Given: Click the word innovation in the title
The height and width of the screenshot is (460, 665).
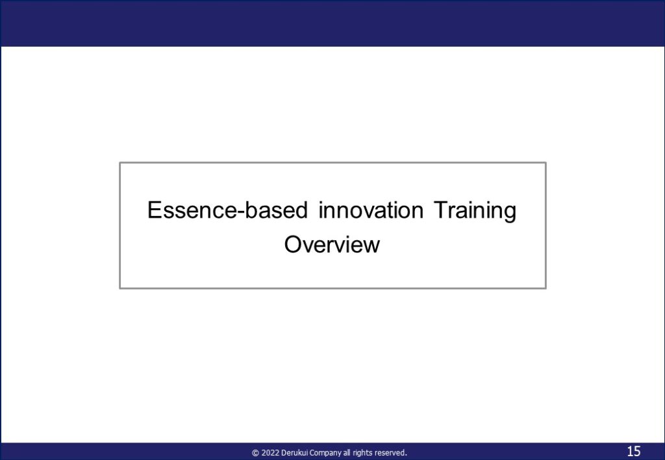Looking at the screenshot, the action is tap(371, 210).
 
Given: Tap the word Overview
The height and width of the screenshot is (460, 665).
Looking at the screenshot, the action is tap(332, 245).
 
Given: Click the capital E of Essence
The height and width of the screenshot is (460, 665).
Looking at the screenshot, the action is tap(155, 210).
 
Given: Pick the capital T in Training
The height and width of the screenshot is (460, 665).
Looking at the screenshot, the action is tap(441, 210).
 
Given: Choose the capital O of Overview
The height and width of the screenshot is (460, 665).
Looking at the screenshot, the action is tap(293, 245).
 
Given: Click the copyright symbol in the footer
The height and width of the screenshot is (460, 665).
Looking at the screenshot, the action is tap(255, 453).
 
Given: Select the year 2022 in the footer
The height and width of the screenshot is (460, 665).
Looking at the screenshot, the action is tap(270, 453).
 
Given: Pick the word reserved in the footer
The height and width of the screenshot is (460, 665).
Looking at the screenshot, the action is tap(390, 453).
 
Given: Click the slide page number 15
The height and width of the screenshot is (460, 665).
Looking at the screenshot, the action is tap(634, 451).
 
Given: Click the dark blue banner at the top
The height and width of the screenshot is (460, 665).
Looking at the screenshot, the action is tap(332, 23).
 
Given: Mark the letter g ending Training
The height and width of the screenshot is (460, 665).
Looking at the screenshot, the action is tap(511, 213).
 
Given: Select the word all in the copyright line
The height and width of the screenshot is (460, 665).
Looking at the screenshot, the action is tap(347, 453).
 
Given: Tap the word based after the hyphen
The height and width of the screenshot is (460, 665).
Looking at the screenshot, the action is tap(276, 210).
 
